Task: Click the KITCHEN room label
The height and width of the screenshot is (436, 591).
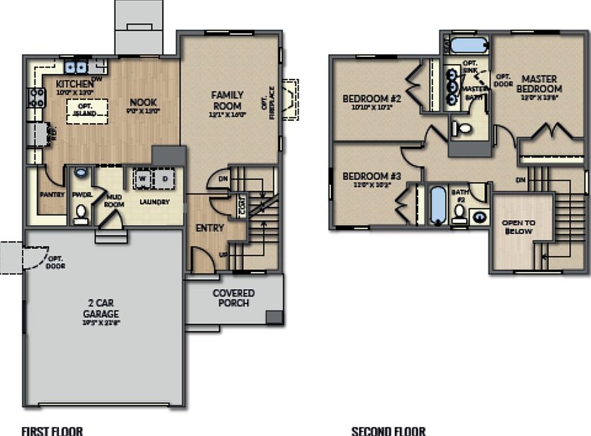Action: (74, 84)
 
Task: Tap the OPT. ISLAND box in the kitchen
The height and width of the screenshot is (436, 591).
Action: (87, 111)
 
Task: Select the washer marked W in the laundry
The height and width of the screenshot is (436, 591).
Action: (143, 179)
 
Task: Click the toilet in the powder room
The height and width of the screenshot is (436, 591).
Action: (81, 211)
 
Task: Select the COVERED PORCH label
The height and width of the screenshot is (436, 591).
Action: (233, 297)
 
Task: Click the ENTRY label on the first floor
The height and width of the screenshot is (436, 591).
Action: (209, 228)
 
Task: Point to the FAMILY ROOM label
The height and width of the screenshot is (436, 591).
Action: (228, 101)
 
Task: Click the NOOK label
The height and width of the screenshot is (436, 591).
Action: (143, 101)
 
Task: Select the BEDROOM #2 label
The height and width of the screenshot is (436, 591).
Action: (372, 98)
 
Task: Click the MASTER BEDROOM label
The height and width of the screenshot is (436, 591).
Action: (539, 84)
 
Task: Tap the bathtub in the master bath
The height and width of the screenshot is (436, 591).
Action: (467, 46)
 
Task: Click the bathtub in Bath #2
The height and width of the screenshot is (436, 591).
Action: (438, 205)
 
